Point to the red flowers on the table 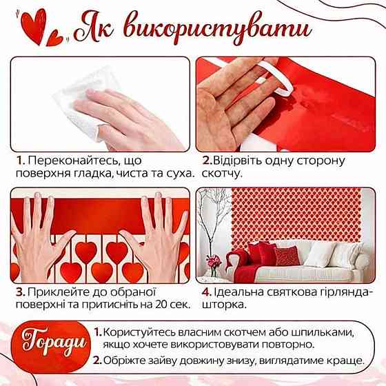(x=214, y=261)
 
